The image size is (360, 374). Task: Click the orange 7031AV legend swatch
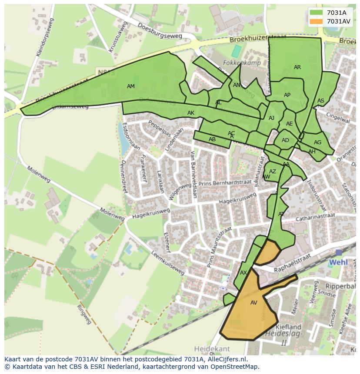316,21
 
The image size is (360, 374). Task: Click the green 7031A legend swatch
316,13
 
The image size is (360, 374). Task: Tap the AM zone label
130,86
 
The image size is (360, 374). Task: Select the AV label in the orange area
254,303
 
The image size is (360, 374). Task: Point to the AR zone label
297,67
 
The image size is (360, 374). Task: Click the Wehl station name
338,262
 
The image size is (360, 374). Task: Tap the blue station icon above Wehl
339,252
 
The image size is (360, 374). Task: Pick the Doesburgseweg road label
160,31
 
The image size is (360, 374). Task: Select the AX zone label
243,273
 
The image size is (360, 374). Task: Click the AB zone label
212,139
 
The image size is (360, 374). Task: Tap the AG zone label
317,142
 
